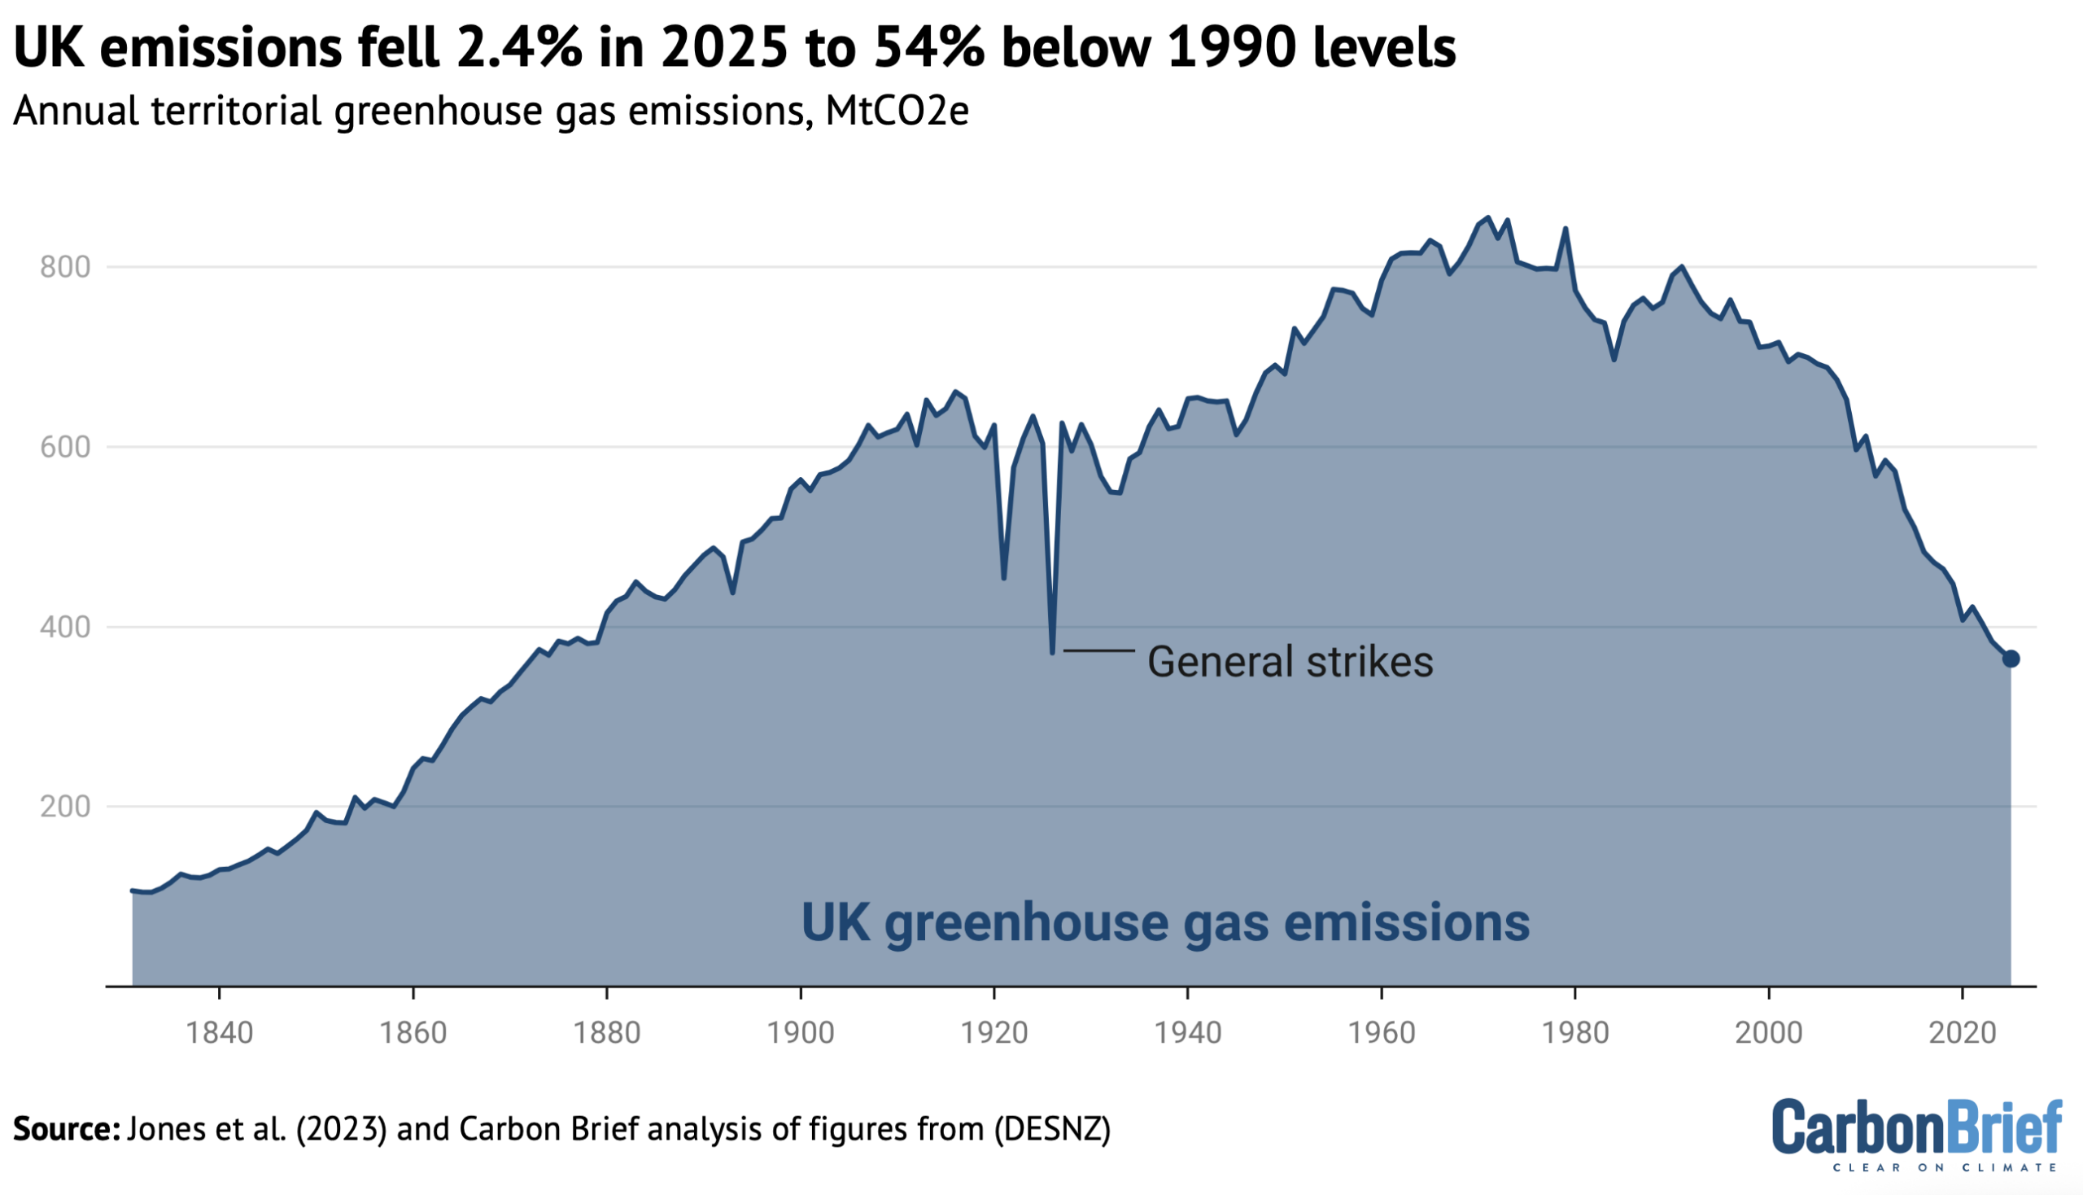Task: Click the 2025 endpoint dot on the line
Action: [x=2011, y=659]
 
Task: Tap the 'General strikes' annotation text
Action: [x=1290, y=662]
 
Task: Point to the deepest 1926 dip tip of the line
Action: [x=1053, y=652]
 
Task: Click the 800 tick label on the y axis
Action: [x=65, y=267]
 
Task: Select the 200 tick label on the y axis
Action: [x=65, y=807]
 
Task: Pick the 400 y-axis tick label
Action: [x=65, y=627]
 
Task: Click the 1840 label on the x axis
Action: [x=219, y=1032]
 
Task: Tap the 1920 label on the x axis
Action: [x=994, y=1032]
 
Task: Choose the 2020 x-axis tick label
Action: [x=1963, y=1032]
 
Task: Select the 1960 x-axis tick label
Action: [x=1382, y=1032]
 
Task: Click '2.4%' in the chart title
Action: [x=518, y=47]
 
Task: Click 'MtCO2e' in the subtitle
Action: [x=897, y=111]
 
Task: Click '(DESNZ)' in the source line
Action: [x=1053, y=1129]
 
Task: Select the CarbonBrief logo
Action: [x=1916, y=1134]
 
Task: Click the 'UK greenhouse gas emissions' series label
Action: [x=1165, y=922]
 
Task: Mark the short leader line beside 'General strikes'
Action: [x=1099, y=651]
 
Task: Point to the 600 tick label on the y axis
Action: [x=65, y=447]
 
